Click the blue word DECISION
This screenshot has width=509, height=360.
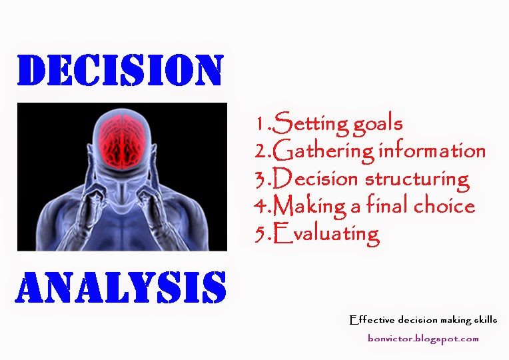[x=121, y=70]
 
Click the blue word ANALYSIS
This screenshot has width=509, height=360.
[x=121, y=287]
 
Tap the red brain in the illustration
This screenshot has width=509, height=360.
[x=122, y=141]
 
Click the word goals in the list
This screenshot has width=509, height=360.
[x=378, y=125]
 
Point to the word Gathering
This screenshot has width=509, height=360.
[x=323, y=151]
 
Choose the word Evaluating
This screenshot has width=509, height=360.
[x=326, y=234]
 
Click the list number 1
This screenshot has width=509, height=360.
[x=260, y=123]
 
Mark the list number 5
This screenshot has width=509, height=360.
[x=260, y=233]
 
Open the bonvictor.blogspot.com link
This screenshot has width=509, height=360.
[x=423, y=339]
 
